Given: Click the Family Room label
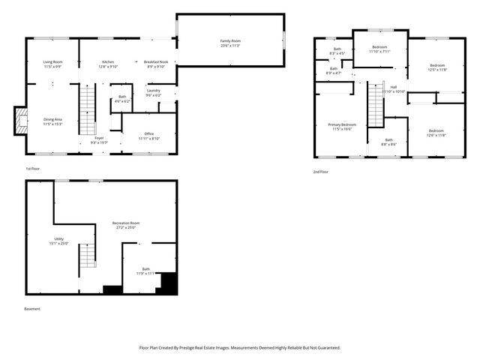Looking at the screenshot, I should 230,40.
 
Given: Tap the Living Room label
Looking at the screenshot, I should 52,62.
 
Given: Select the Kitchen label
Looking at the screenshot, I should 109,62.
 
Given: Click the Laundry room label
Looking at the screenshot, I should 153,91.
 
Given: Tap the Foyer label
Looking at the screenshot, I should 99,137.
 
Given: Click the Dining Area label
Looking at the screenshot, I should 52,119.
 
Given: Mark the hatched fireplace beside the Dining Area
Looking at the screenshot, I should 21,121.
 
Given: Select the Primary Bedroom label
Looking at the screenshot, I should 342,124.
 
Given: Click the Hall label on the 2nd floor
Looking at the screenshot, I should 394,87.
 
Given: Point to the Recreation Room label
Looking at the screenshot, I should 126,223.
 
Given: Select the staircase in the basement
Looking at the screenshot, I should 88,255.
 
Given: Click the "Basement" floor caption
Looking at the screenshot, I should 33,308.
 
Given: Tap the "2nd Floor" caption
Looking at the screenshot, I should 321,172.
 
